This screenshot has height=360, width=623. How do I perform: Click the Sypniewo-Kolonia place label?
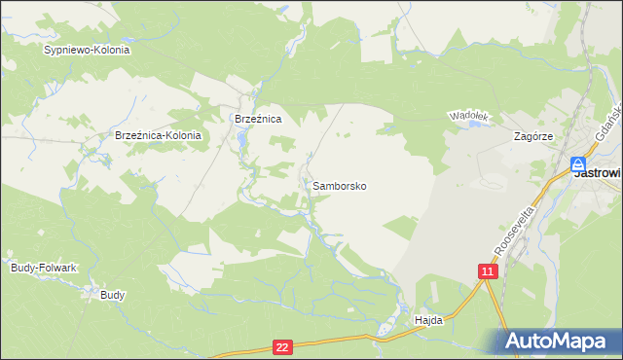click(x=87, y=49)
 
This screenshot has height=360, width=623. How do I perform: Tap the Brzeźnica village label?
click(x=258, y=119)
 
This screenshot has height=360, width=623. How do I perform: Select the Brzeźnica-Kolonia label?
click(x=158, y=136)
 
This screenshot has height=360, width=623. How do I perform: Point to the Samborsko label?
click(x=340, y=185)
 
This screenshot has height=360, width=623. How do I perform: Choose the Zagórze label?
click(x=533, y=137)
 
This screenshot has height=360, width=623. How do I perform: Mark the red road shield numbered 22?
click(x=282, y=346)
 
